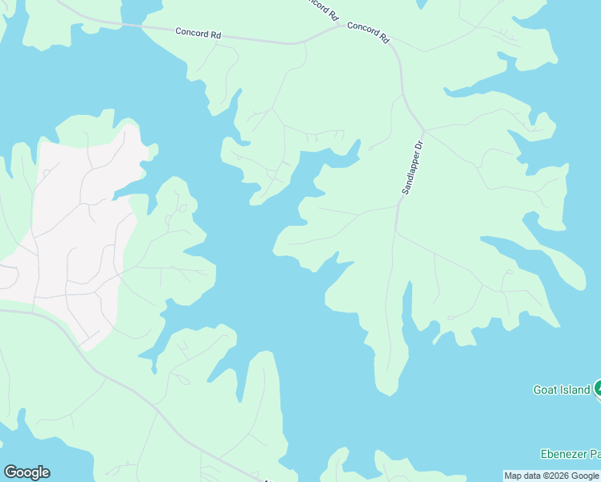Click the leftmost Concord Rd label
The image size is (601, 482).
pyautogui.click(x=198, y=34)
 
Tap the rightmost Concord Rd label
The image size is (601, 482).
pyautogui.click(x=369, y=32)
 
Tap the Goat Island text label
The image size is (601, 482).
pyautogui.click(x=562, y=390)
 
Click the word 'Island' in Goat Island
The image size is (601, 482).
pyautogui.click(x=575, y=390)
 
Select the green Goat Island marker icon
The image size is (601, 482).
pyautogui.click(x=598, y=390)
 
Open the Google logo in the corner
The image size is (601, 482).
pyautogui.click(x=27, y=472)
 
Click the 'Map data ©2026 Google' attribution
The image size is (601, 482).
pyautogui.click(x=551, y=476)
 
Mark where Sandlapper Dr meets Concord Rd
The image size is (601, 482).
pyautogui.click(x=423, y=128)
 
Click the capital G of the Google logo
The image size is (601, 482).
pyautogui.click(x=10, y=472)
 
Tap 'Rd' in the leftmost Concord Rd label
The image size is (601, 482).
pyautogui.click(x=215, y=35)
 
